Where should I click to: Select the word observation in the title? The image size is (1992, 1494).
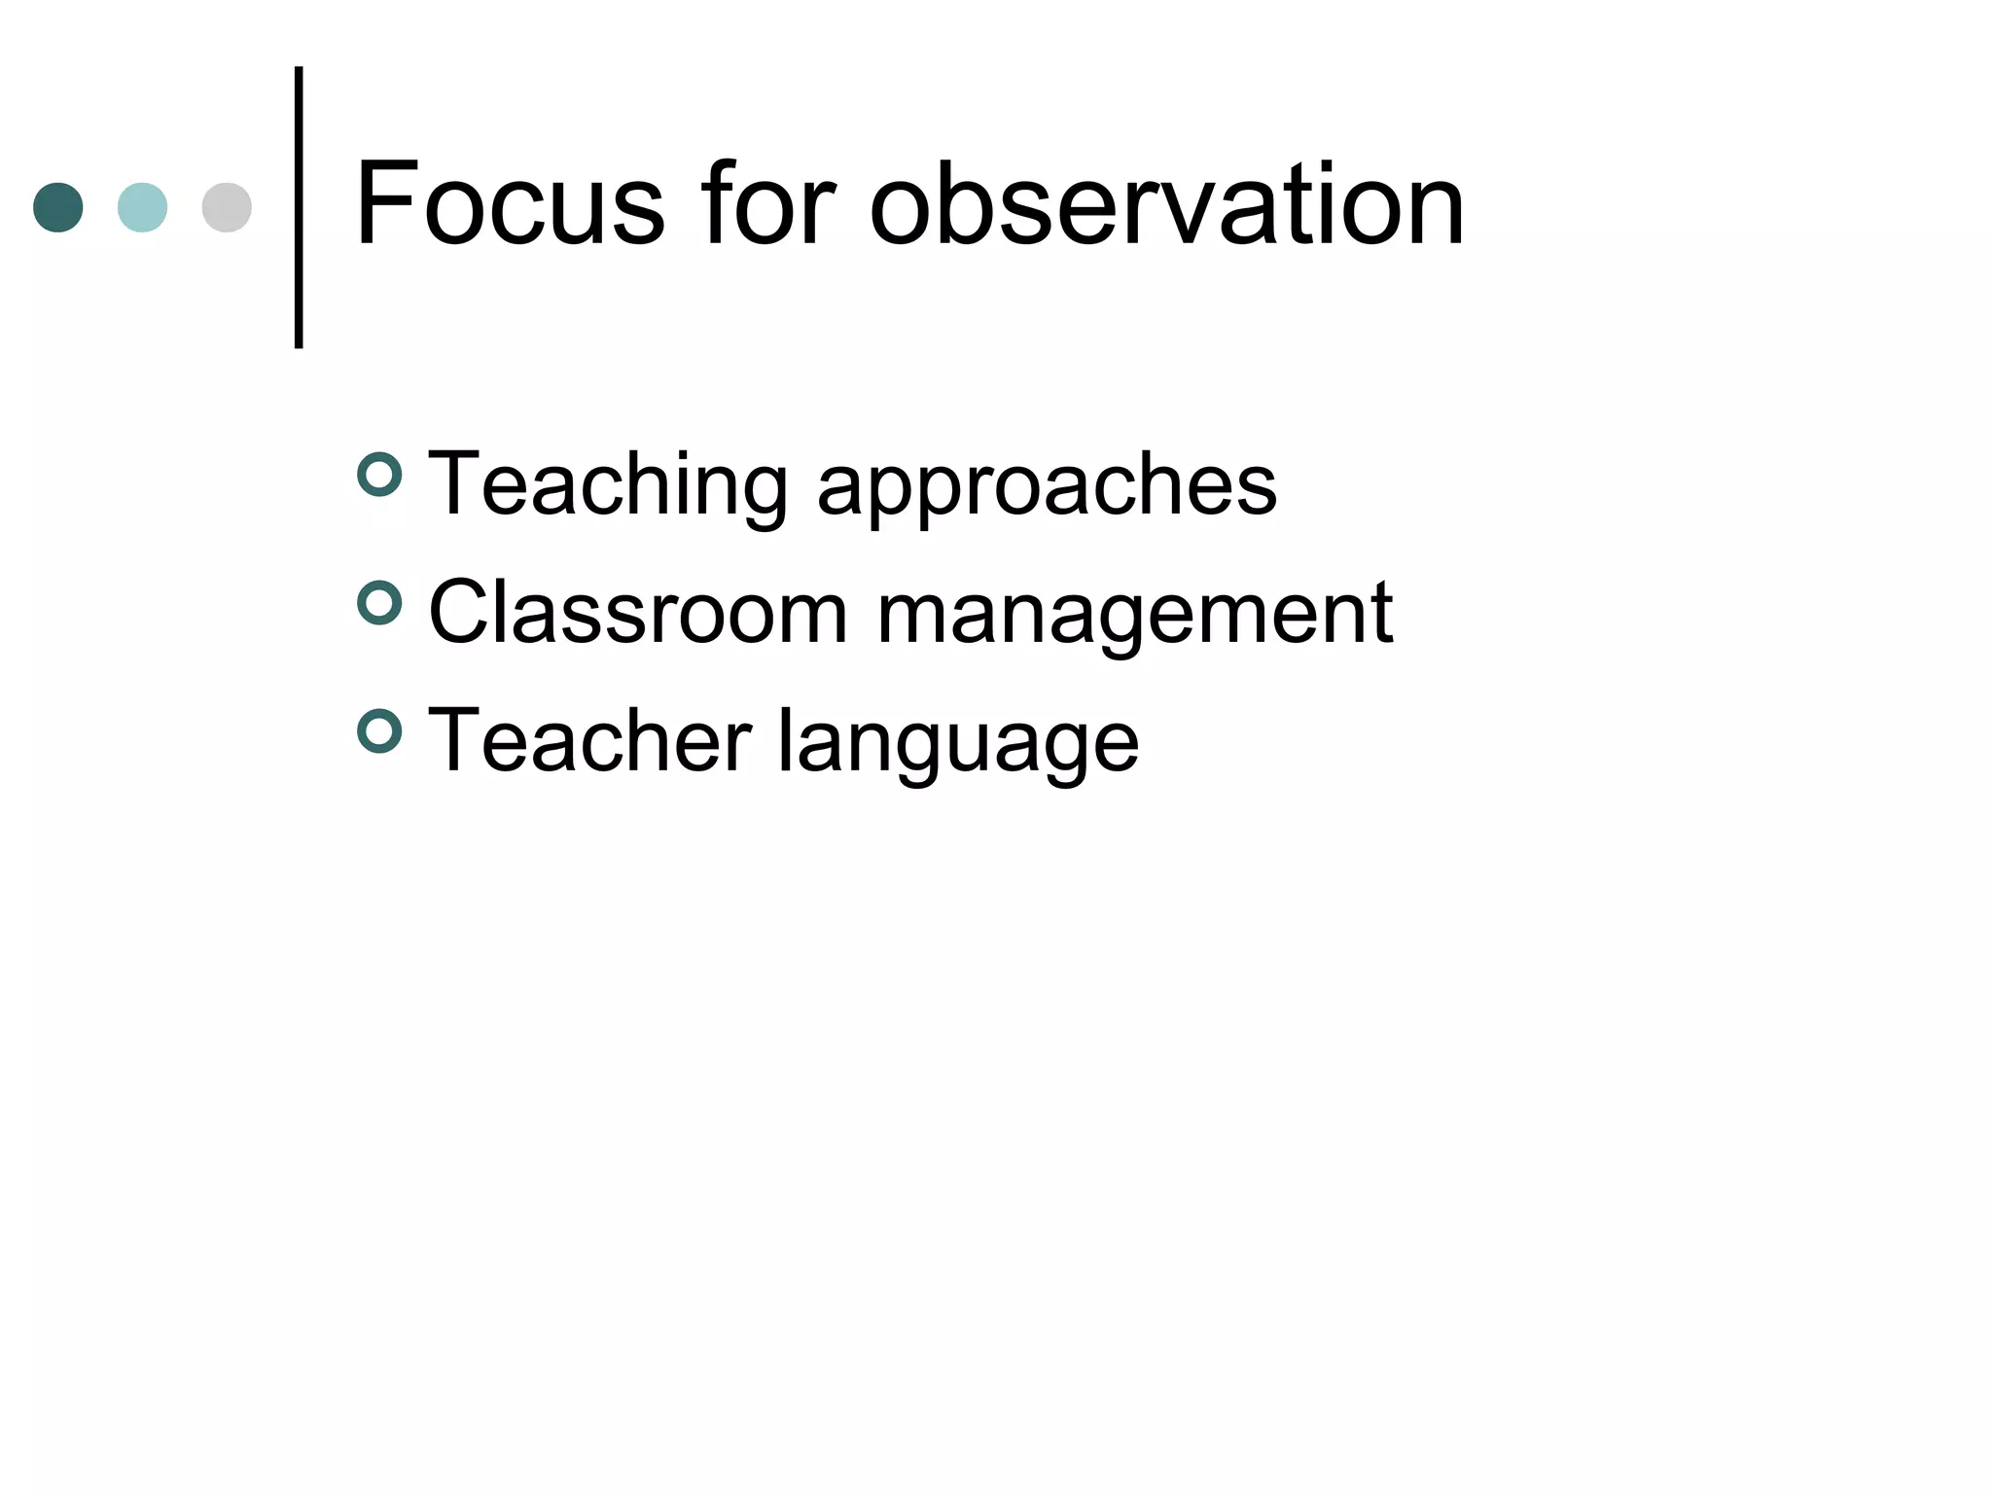tap(1166, 205)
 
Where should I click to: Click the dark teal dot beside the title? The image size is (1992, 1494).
tap(58, 207)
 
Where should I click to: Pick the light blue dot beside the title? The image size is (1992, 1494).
tap(142, 207)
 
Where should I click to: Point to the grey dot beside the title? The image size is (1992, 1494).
tap(227, 207)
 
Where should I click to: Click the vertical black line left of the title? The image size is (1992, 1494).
tap(299, 207)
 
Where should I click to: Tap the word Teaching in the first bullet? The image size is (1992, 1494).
tap(608, 485)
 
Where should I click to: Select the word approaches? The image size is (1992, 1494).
tap(1047, 485)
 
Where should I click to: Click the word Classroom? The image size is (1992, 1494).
tap(638, 613)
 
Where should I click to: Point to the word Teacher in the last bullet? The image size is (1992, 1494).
tap(589, 741)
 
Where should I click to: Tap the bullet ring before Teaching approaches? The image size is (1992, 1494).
tap(379, 475)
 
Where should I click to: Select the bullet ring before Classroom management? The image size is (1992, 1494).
tap(379, 603)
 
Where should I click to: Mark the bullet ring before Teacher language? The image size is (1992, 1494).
tap(379, 731)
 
